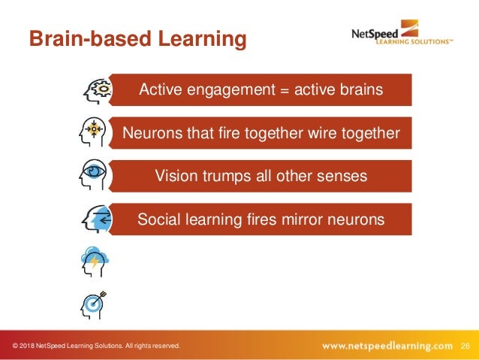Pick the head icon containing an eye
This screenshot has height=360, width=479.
[95, 176]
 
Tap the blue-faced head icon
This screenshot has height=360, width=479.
[95, 219]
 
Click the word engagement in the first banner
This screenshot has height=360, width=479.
[232, 90]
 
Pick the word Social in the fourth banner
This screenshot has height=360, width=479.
[158, 219]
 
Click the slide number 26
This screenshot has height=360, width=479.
[465, 346]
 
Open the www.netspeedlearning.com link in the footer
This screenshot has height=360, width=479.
[387, 346]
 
